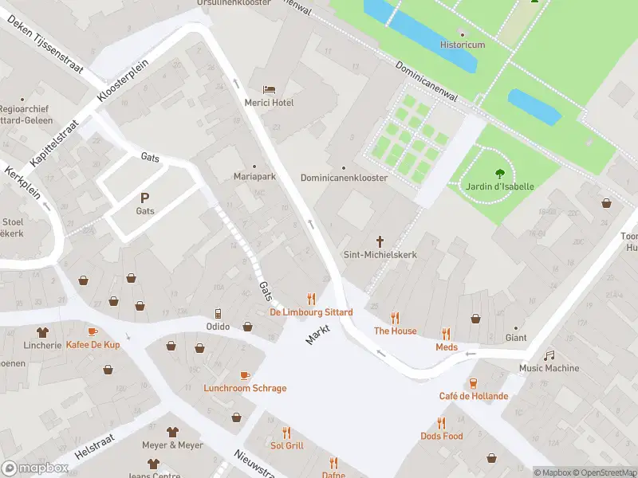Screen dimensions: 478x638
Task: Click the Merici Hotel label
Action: click(x=270, y=103)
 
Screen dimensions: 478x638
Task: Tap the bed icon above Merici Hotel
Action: click(x=270, y=89)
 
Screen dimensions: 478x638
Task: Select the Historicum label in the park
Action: click(x=463, y=45)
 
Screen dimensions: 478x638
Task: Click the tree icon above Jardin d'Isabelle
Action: click(x=500, y=172)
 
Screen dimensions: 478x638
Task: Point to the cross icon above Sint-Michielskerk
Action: click(x=380, y=241)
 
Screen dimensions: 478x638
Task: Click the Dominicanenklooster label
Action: click(x=344, y=178)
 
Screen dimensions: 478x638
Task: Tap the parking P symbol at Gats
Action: click(x=144, y=198)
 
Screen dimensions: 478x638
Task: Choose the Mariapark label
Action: click(x=254, y=177)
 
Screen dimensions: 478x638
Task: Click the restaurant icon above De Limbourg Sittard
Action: click(x=311, y=299)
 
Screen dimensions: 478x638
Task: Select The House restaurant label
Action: click(x=396, y=331)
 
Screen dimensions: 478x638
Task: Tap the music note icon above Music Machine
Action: click(x=549, y=355)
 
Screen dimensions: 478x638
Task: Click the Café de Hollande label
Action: click(x=473, y=396)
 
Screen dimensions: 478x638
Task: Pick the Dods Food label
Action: click(x=441, y=436)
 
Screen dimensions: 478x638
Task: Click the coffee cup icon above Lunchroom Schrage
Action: click(x=245, y=374)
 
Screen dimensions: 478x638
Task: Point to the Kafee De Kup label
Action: click(x=93, y=344)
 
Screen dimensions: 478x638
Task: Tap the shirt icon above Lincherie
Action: click(x=42, y=331)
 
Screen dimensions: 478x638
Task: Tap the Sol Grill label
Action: click(x=287, y=445)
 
